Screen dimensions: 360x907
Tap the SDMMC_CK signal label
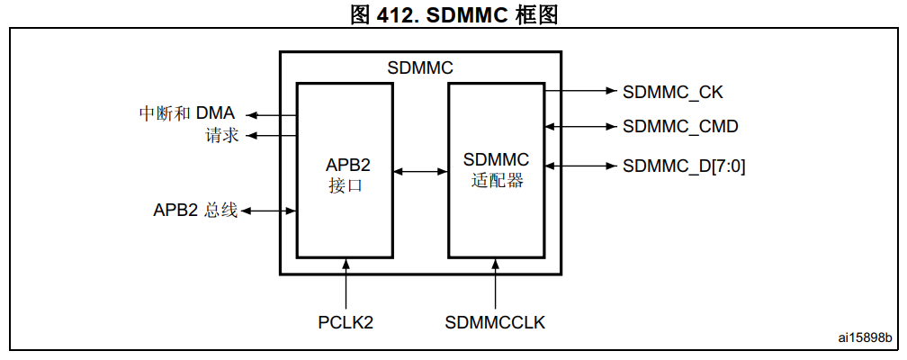[672, 91]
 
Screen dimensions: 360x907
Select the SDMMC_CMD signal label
[680, 126]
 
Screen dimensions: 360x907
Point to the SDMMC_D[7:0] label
[684, 166]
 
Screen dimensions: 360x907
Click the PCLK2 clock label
[346, 321]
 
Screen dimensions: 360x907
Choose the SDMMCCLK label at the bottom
[495, 321]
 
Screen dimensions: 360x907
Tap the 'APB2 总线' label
[194, 211]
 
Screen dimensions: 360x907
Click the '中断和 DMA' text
[186, 114]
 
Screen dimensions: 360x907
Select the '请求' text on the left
[220, 136]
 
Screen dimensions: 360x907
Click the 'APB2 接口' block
[346, 171]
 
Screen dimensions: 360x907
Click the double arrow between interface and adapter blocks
[421, 170]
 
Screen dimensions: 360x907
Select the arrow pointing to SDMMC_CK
[579, 91]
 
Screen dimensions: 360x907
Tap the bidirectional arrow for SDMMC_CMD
[579, 126]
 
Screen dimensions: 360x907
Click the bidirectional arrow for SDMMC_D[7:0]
[579, 166]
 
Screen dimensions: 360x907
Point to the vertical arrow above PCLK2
[346, 283]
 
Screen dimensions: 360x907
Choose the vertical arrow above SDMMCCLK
[496, 283]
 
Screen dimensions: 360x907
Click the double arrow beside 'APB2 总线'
[268, 211]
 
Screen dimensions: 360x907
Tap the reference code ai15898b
[865, 337]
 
